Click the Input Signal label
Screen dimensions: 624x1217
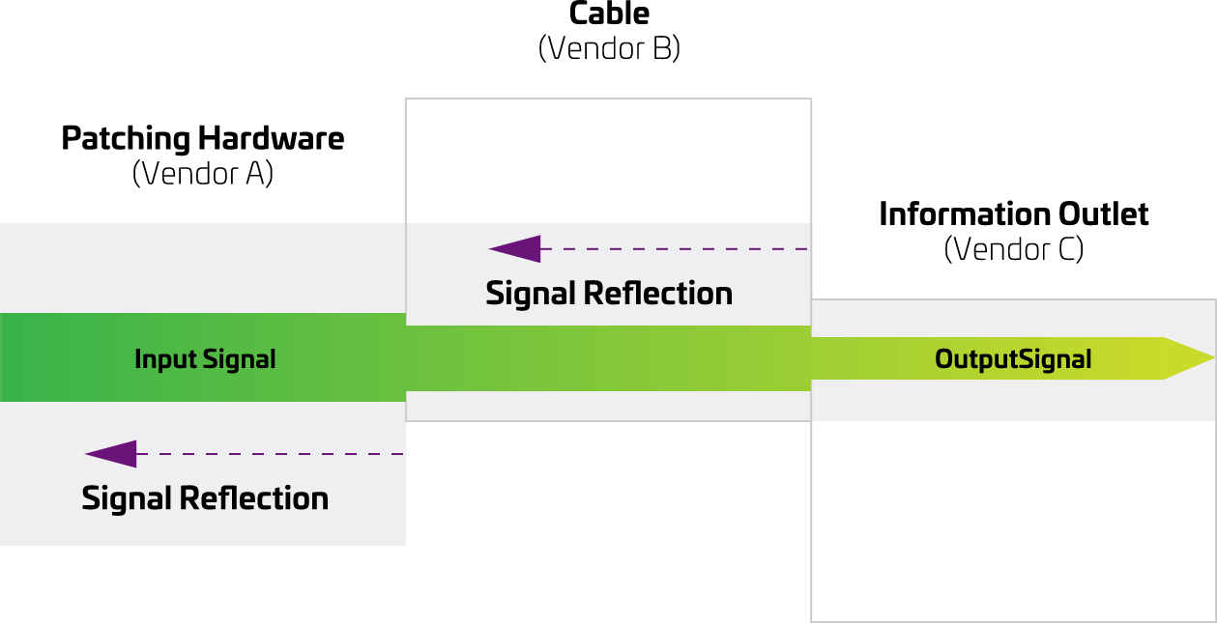tap(205, 359)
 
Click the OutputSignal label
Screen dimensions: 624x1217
tap(1013, 359)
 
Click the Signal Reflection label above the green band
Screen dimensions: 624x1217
tap(609, 293)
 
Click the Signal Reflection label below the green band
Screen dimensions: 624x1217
tap(205, 498)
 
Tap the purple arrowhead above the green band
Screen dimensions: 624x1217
tap(513, 249)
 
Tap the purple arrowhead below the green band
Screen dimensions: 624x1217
tap(110, 454)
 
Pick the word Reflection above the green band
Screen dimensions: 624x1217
tap(656, 293)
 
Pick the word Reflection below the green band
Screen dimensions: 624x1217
tap(253, 498)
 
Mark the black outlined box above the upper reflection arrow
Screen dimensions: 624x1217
tap(608, 160)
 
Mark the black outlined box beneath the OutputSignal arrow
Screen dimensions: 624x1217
tap(1013, 522)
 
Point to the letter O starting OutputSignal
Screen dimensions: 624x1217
tap(944, 359)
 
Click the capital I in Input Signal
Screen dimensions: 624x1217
tap(138, 359)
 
